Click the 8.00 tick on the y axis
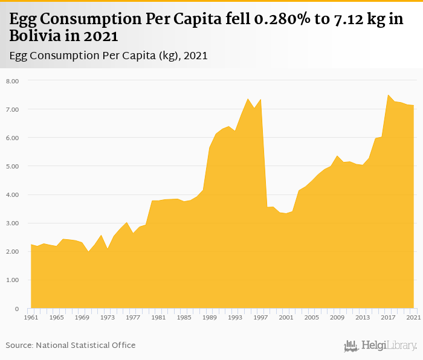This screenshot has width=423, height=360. (x=13, y=81)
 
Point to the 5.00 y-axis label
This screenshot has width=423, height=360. (x=13, y=166)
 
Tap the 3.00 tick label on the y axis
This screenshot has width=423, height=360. (x=13, y=223)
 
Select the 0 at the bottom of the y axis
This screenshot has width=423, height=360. (x=16, y=309)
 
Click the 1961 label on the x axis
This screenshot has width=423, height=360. (x=31, y=317)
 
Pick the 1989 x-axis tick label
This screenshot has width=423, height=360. (x=209, y=317)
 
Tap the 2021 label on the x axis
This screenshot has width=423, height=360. (x=413, y=317)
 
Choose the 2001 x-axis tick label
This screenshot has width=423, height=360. (x=286, y=317)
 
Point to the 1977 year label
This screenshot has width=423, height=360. (x=133, y=317)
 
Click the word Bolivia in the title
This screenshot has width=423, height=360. (x=35, y=36)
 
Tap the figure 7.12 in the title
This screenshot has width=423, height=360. (x=347, y=19)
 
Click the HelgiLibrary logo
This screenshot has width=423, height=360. (x=380, y=346)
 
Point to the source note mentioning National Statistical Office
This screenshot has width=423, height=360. (x=71, y=345)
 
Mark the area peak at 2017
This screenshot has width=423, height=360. (x=388, y=95)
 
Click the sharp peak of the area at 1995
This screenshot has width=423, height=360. (x=248, y=98)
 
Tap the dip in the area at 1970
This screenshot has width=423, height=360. (x=88, y=251)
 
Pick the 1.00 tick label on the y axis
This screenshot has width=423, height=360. (x=13, y=280)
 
